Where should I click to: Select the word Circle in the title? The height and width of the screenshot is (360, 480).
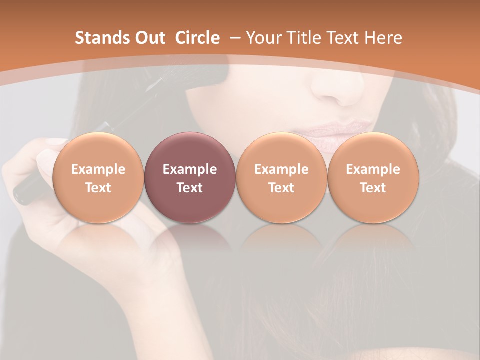[197, 38]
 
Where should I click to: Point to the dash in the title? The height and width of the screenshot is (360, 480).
[235, 38]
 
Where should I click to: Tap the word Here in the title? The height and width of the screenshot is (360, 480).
[384, 38]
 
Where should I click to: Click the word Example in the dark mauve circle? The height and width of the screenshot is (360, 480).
[190, 169]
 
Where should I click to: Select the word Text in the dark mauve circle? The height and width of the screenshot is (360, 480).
[190, 188]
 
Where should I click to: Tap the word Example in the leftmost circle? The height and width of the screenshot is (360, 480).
[98, 169]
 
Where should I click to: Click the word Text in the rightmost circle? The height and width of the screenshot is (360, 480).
[373, 188]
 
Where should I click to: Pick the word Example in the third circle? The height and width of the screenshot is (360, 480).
[281, 169]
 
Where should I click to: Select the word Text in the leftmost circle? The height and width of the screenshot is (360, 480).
[98, 188]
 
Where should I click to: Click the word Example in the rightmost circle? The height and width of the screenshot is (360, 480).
[373, 169]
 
